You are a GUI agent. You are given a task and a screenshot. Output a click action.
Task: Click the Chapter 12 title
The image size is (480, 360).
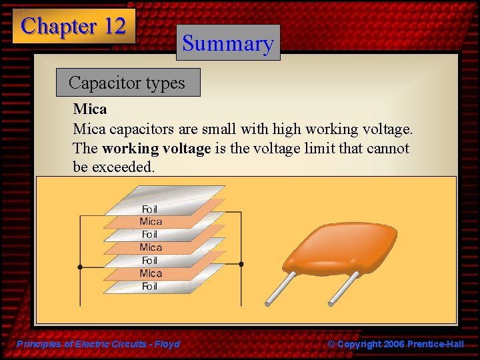73,26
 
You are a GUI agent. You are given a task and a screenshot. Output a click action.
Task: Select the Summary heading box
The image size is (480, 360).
228,43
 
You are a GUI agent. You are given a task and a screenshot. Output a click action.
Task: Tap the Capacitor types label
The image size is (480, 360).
127,83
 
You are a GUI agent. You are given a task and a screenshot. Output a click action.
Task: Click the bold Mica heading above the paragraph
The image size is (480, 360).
90,108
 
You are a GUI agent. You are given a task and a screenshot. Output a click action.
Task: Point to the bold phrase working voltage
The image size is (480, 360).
156,148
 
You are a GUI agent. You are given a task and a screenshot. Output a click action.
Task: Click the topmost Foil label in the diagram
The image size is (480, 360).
150,209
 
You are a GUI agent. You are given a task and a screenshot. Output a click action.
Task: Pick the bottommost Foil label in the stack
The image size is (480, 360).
150,286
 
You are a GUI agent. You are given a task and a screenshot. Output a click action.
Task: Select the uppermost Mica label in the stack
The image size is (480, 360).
151,221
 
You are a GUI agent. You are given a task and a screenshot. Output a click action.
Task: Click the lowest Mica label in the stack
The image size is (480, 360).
151,273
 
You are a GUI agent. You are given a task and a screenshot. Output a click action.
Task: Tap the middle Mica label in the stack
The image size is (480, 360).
151,247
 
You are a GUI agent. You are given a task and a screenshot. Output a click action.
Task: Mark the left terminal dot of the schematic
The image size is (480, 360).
80,266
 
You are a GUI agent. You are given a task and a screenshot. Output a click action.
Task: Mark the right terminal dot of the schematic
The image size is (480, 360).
241,264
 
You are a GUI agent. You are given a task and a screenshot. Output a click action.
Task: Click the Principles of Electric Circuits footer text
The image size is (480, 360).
98,344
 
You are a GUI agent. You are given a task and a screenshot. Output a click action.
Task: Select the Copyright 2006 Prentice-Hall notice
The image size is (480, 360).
395,344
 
